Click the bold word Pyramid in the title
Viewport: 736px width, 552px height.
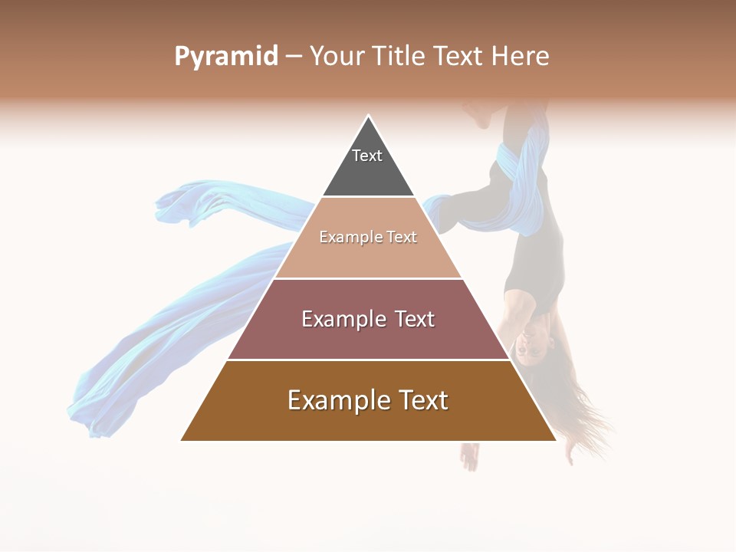(226, 57)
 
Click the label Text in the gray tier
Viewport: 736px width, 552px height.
(367, 156)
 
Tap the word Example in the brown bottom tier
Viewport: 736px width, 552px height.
(337, 401)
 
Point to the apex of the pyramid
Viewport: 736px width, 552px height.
(369, 117)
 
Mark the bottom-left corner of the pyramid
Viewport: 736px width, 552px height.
(182, 440)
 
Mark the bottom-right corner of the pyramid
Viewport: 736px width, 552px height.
(555, 440)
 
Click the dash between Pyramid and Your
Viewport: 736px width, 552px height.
(293, 57)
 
